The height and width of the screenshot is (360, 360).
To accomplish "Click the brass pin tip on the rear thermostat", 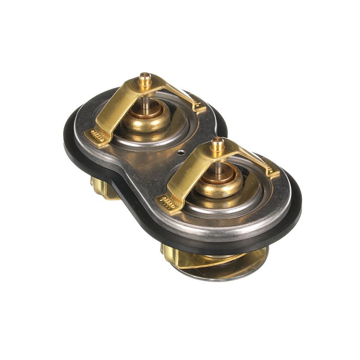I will pos(144,78).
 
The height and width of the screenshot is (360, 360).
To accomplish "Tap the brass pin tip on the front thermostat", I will pos(217,144).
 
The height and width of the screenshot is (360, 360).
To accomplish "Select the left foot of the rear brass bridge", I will pos(96,136).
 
